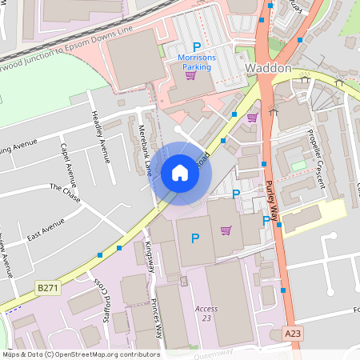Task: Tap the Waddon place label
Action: point(269,69)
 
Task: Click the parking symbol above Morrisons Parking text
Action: point(197,47)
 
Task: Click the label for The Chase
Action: point(66,191)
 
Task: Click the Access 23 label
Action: point(206,314)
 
